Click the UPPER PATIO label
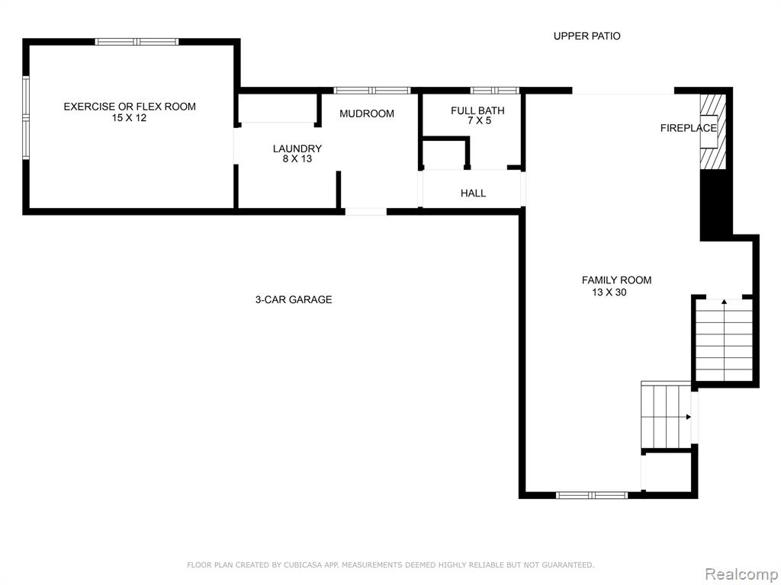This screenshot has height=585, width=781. tap(587, 36)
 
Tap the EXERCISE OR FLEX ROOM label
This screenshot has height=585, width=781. tap(130, 107)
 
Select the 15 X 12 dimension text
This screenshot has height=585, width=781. tap(129, 118)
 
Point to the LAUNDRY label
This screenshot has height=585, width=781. tap(297, 149)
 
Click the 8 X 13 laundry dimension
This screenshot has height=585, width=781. tap(297, 158)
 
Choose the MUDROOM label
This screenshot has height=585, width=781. tap(367, 114)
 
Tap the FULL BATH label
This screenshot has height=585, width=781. tap(477, 110)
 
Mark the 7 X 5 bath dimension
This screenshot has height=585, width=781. tap(479, 120)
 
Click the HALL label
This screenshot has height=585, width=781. tap(473, 193)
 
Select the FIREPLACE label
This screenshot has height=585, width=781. tap(689, 128)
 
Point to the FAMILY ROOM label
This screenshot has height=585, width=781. tap(616, 280)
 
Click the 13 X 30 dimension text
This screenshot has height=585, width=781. tap(609, 292)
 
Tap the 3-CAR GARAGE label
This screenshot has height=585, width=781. tap(294, 299)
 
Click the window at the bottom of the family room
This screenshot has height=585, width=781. tap(591, 495)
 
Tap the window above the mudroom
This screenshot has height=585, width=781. tap(371, 91)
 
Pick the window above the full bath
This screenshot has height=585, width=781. tap(494, 91)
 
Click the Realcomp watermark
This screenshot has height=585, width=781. tap(741, 574)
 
